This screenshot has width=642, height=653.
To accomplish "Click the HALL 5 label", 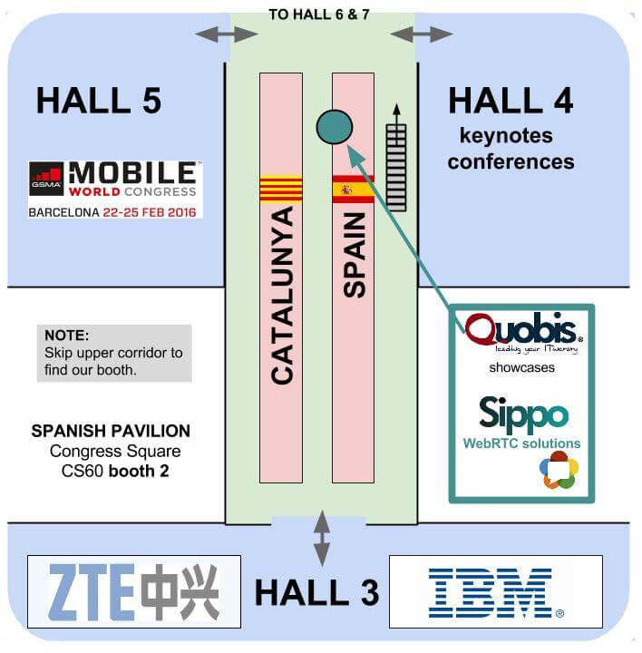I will coord(98,100).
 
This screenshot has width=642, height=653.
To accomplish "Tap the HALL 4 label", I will coord(511,100).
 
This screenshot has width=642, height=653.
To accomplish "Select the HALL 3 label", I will coord(316,591).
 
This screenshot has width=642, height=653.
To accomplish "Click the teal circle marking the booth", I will coord(334,127).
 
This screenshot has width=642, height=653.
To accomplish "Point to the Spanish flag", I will coord(353,190).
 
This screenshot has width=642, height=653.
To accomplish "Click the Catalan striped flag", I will coord(280,189).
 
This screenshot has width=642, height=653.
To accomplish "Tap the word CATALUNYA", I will coord(282,295).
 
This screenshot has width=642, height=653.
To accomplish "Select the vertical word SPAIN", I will coord(355,255).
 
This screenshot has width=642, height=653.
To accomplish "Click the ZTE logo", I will coord(134,591).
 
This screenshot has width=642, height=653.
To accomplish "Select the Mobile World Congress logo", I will coord(114,189).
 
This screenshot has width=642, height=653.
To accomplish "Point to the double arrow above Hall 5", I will coord(228,34).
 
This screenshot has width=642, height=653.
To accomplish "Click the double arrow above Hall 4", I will coord(421,34).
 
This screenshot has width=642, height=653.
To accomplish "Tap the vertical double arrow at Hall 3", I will coord(321,539).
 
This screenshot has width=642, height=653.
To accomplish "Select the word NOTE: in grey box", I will coord(66,335).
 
